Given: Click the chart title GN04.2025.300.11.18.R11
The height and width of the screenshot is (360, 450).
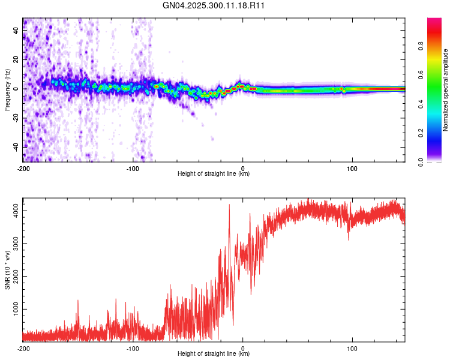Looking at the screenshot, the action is coord(213,5).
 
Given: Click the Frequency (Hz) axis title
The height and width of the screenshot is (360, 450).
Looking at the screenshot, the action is coord(7,90).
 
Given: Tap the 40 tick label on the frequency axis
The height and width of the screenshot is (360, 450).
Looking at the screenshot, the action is coord(16,31).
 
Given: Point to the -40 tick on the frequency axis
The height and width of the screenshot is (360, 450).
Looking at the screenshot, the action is coord(16,148).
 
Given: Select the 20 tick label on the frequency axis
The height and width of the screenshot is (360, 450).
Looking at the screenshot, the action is coord(16,60).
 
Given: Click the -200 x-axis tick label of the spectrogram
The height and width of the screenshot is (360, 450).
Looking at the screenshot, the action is coord(23,169).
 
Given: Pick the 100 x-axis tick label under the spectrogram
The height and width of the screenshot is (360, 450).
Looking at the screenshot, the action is coord(352,169).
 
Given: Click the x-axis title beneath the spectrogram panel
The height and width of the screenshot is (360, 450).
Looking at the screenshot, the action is coord(214,173).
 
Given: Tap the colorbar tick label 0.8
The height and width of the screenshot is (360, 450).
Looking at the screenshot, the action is coord(421,46).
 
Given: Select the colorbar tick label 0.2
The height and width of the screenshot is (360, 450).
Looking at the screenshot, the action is coord(421,133).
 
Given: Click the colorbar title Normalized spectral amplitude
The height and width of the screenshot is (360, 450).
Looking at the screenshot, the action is coord(445,90).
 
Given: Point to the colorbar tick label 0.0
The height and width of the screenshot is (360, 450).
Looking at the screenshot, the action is coord(421,162).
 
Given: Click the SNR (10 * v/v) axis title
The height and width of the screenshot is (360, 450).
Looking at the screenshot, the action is coord(7,270).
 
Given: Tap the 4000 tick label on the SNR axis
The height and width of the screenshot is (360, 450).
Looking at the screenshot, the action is coord(16,211).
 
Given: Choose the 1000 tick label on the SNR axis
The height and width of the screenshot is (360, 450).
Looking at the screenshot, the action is coord(16,309).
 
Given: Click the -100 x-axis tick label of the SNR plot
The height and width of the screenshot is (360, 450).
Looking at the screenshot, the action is coord(133,349).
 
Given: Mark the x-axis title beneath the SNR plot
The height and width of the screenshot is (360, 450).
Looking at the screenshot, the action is coord(214,353).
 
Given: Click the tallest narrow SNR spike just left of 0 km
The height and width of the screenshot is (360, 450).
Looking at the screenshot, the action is coord(229,205).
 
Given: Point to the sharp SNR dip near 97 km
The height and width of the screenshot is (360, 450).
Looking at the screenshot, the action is coord(349,239).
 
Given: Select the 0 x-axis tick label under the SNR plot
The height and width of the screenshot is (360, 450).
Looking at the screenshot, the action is coord(243,349).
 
